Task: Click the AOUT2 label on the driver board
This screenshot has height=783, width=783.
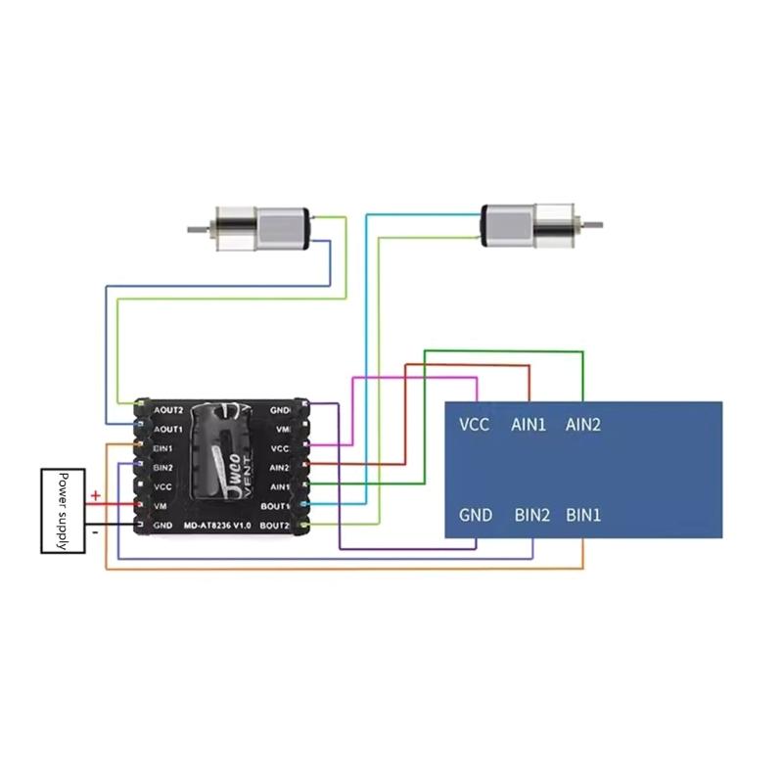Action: pos(168,410)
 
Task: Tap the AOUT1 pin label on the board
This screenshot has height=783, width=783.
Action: pos(168,429)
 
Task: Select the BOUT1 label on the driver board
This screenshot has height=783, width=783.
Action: pos(274,506)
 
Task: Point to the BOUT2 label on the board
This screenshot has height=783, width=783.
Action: pos(274,526)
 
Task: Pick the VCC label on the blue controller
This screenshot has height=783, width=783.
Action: pos(474,425)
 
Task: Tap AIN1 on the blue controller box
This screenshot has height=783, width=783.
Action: pos(529,425)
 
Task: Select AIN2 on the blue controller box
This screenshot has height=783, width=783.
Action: pos(583,425)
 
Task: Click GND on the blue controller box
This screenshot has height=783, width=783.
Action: pos(476,515)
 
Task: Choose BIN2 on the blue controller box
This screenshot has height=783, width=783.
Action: pos(532,515)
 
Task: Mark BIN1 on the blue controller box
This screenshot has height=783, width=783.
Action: pos(584,515)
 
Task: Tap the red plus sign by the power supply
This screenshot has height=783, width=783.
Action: pos(95,496)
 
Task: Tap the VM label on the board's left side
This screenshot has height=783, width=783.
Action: pos(161,506)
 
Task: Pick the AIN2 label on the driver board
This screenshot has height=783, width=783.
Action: pos(279,468)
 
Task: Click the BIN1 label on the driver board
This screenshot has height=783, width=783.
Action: pos(162,448)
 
